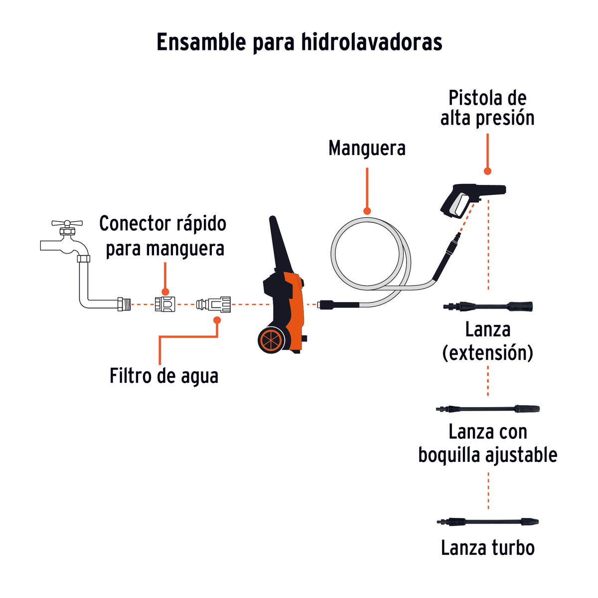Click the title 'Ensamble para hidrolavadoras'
coord(299,42)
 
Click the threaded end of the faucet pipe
coord(124,304)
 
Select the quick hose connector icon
coord(165,304)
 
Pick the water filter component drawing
coord(214,304)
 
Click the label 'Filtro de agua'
coord(164,376)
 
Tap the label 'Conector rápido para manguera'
coord(163,236)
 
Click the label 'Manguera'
coord(367,148)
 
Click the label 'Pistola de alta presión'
coord(487,108)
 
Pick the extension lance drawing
coord(488,306)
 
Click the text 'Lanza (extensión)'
coord(488,341)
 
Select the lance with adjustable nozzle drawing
coord(488,409)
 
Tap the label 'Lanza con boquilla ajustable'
coord(488,443)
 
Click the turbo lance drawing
coord(488,522)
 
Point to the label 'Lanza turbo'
coord(488,548)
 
